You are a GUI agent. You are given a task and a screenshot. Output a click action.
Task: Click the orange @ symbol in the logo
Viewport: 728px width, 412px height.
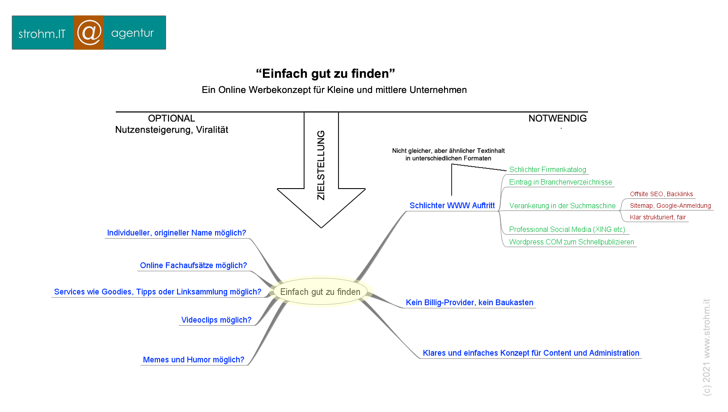point(89,33)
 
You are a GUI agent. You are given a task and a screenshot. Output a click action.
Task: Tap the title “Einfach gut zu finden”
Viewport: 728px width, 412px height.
point(326,74)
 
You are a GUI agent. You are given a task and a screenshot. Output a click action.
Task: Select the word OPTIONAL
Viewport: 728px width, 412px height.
point(171,118)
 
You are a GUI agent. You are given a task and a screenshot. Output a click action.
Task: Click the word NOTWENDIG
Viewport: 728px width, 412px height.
point(557,118)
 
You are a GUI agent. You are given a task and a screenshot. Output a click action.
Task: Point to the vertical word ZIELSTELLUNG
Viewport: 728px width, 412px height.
point(321,165)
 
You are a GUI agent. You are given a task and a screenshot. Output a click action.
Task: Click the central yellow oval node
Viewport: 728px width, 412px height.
point(321,291)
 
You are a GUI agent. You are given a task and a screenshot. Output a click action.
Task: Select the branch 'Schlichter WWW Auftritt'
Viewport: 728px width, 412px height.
point(452,206)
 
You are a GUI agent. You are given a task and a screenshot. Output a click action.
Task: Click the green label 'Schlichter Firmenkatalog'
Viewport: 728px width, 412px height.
point(548,169)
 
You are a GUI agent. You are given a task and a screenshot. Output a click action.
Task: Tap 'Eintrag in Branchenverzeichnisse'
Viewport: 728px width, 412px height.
point(560,182)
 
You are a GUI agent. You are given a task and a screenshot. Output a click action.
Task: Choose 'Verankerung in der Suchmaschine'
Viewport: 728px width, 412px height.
point(562,206)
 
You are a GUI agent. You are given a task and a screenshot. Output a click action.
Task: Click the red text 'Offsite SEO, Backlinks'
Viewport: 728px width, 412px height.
point(661,194)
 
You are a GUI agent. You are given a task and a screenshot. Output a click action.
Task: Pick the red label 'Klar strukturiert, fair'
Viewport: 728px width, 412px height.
point(658,217)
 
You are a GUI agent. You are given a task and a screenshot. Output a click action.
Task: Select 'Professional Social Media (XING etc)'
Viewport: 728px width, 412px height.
point(567,230)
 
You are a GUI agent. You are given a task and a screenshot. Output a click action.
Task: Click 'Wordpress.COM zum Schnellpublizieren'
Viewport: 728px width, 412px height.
point(571,242)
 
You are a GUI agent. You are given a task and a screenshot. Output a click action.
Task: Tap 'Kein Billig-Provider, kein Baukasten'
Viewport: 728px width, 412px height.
point(470,303)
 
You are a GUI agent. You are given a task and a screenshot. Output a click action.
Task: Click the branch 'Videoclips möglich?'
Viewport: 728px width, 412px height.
point(216,320)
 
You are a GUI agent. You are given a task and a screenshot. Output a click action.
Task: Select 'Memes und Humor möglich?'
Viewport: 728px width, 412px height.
point(194,360)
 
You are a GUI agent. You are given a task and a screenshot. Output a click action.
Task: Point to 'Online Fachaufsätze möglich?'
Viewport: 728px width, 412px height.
point(193,265)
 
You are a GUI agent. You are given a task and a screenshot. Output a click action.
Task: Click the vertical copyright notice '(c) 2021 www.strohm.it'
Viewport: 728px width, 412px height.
point(707,347)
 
